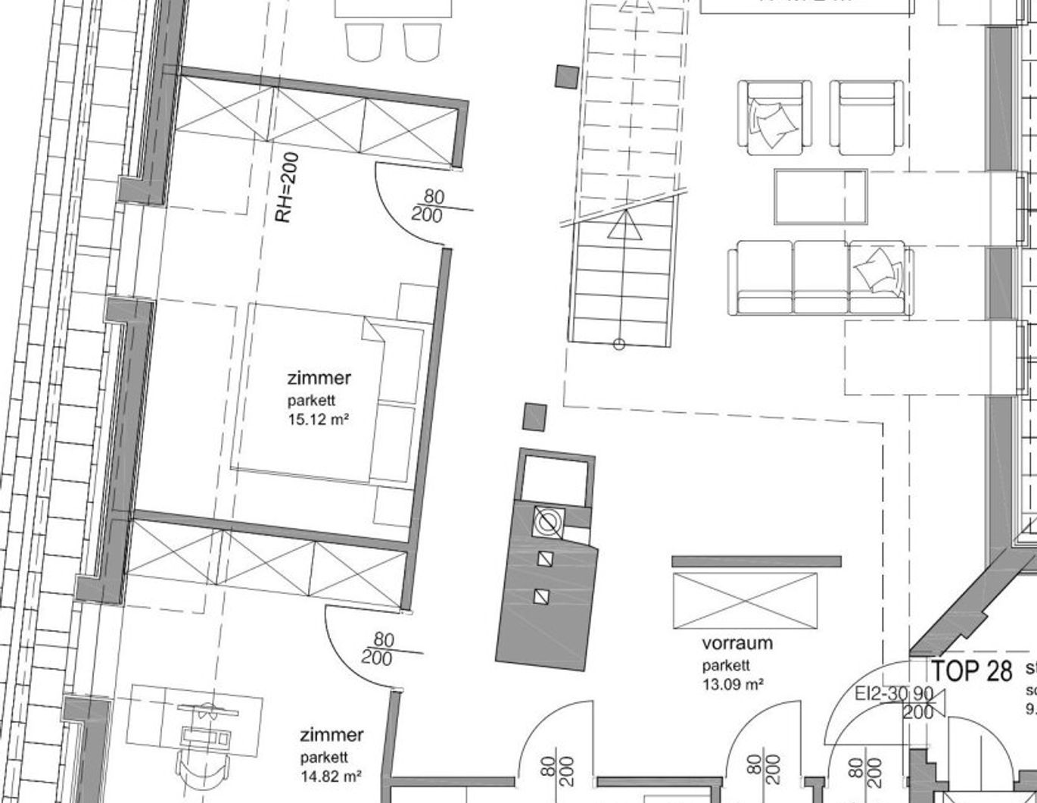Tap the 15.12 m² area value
coord(318,419)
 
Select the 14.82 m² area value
coord(330,775)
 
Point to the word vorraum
coord(737,643)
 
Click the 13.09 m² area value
coord(732,684)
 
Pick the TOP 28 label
coord(971,670)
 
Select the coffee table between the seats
coord(821,197)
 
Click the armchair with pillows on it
coord(774,117)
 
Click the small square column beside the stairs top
coord(567,77)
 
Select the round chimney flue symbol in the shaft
coord(548,521)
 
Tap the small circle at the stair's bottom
coord(618,345)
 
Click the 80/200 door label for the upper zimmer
coord(429,206)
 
